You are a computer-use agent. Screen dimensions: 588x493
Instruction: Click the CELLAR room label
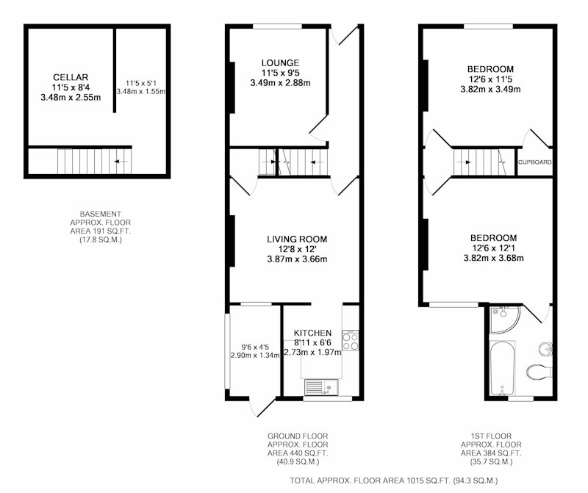click(x=71, y=77)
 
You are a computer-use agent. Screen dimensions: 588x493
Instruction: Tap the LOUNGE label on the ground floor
click(x=281, y=63)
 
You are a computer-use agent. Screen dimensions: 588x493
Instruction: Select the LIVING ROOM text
click(x=297, y=239)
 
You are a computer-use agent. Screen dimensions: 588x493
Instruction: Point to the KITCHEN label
click(x=312, y=333)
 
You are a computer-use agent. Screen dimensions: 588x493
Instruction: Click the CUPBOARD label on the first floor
click(x=535, y=162)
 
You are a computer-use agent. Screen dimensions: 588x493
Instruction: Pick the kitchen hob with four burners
click(x=351, y=341)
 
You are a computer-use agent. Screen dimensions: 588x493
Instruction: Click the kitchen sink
click(x=321, y=387)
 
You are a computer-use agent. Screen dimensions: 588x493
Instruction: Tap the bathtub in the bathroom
click(x=503, y=368)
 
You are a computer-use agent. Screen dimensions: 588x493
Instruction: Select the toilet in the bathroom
click(x=539, y=373)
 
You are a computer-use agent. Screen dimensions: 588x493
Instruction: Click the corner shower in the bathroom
click(x=504, y=320)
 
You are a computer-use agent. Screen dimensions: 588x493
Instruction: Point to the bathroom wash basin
click(x=545, y=349)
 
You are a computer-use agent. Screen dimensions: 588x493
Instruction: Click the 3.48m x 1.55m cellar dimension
click(x=141, y=92)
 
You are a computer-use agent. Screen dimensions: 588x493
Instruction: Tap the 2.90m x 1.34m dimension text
click(x=255, y=356)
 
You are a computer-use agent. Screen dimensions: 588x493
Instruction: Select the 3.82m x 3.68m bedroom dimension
click(x=493, y=258)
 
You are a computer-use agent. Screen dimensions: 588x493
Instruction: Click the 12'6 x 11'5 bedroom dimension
click(x=490, y=79)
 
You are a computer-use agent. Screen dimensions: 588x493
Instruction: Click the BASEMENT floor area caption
click(x=101, y=227)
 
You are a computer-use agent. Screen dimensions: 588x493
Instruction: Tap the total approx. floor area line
click(x=394, y=481)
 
